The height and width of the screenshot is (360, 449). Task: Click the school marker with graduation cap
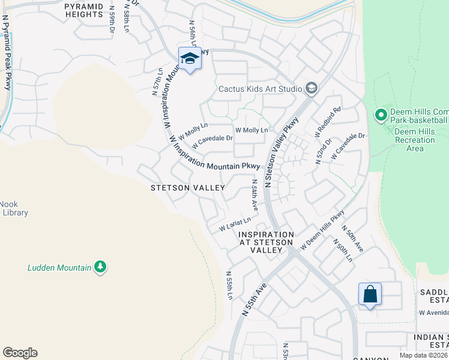pos(190,59)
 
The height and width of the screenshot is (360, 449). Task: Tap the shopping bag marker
pos(370,295)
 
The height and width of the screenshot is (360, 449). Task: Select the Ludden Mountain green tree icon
pos(100,266)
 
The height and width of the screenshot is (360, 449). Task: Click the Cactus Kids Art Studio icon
pos(311,89)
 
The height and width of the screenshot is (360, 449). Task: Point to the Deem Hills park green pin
pos(380,114)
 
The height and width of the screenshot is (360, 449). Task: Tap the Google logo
pos(20,353)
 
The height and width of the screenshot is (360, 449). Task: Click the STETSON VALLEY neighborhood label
pos(187,188)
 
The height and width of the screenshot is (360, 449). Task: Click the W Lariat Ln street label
pos(234,224)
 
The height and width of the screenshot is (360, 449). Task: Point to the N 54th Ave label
pos(255,194)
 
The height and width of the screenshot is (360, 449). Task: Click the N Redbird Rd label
pos(328,122)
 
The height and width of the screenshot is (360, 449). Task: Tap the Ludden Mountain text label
pos(59,268)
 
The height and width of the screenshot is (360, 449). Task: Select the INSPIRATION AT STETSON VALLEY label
pos(267,238)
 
